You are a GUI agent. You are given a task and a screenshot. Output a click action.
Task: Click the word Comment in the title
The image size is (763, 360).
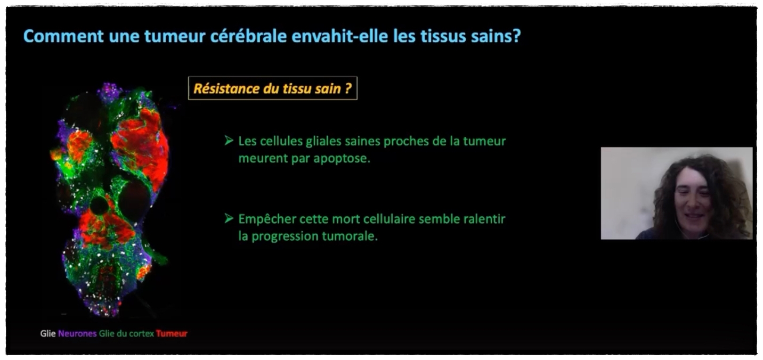click(x=63, y=36)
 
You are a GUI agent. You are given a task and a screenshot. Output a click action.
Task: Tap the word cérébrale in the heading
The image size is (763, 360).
click(x=248, y=36)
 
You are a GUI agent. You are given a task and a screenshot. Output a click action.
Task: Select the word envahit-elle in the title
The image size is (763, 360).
click(x=339, y=36)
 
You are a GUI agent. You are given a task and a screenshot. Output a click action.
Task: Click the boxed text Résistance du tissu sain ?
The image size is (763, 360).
click(x=272, y=88)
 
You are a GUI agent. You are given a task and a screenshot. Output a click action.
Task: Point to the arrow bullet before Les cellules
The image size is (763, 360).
click(x=229, y=141)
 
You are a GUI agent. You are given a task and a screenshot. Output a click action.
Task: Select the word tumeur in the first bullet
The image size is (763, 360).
click(x=484, y=141)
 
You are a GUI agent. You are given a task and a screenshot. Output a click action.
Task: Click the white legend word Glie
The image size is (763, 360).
click(x=48, y=333)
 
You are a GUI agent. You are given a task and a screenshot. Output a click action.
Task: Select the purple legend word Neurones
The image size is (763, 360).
click(x=77, y=333)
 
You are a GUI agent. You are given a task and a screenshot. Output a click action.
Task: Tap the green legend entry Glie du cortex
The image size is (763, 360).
click(x=126, y=333)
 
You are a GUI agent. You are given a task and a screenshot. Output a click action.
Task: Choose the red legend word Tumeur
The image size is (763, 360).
click(x=172, y=333)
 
